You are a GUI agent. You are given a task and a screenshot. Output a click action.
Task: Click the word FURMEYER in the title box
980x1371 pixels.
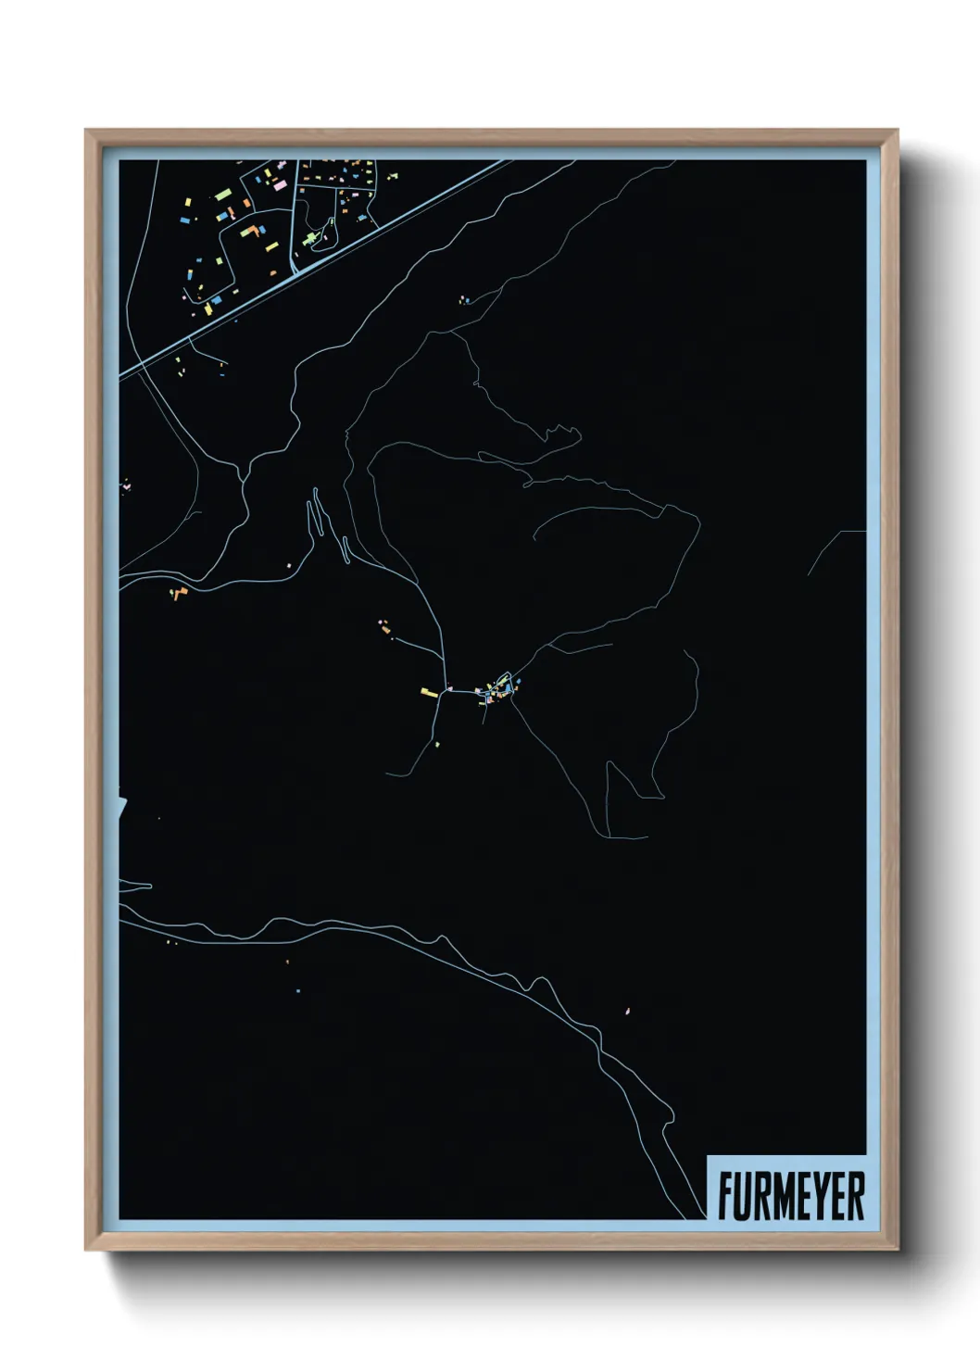(x=790, y=1196)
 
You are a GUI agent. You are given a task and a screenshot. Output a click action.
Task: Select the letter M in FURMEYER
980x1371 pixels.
(x=780, y=1196)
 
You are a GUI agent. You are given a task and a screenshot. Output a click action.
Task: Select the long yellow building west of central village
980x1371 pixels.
(x=429, y=691)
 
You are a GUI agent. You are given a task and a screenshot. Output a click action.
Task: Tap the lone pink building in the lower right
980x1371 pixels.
(x=628, y=1011)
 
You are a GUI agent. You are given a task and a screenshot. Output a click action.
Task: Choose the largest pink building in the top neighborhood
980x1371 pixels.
(x=280, y=185)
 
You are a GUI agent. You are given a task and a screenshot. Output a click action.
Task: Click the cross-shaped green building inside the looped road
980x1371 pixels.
(x=310, y=239)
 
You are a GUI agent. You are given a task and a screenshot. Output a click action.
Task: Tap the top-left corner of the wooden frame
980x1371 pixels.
(x=87, y=132)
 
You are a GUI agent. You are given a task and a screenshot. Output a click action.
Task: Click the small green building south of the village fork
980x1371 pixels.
(x=437, y=744)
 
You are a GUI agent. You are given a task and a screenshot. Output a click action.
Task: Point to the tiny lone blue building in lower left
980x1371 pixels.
(x=298, y=990)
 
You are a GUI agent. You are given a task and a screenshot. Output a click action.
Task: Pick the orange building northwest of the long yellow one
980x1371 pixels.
(x=383, y=628)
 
